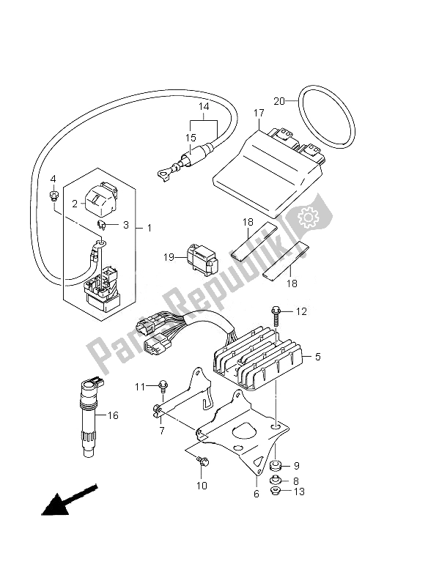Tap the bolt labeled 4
click(54, 195)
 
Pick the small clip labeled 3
click(102, 225)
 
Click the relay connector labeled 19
click(202, 260)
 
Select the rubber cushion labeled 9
click(276, 466)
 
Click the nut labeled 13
click(276, 492)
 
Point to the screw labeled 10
click(204, 462)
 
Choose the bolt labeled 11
click(163, 386)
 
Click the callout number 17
click(259, 113)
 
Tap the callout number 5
click(317, 357)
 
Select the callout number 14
click(204, 106)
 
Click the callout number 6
click(257, 494)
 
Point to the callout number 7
click(161, 431)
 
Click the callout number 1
click(150, 228)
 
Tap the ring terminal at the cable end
click(163, 173)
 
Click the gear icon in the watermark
click(309, 216)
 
